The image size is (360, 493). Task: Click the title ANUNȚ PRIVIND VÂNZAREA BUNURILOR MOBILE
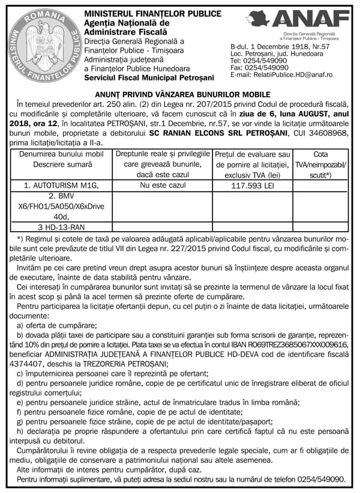coord(179,94)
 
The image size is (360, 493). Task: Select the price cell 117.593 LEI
coord(252,186)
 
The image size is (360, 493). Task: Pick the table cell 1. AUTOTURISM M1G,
coord(61,186)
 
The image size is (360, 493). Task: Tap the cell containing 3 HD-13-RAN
coord(61,228)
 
